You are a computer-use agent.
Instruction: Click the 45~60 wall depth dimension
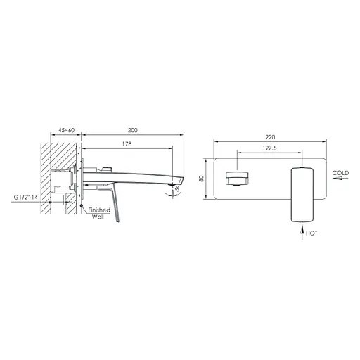tap(67, 130)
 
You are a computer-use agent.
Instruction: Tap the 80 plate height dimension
tap(202, 178)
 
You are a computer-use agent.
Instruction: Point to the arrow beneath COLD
tap(340, 179)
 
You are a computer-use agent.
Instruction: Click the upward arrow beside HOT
tap(301, 229)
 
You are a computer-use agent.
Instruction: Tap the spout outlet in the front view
tap(236, 179)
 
